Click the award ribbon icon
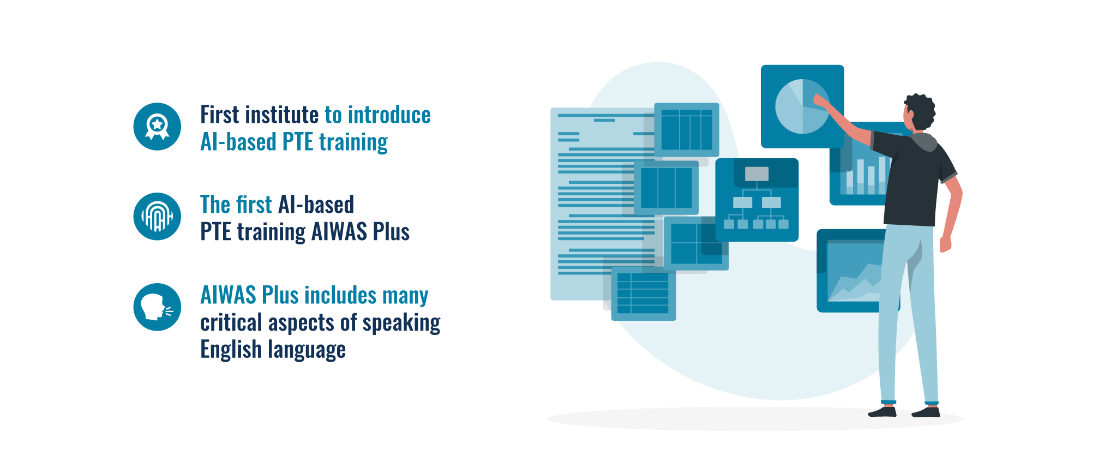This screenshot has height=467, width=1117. point(157,127)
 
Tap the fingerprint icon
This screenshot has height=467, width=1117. point(157,217)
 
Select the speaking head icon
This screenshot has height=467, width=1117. point(157,307)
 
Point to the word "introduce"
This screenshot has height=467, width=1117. point(389,115)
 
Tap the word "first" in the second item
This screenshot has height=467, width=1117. point(254,205)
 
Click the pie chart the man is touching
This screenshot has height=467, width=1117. point(802,106)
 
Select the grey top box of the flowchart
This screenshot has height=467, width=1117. point(756,174)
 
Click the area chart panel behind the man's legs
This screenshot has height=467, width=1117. point(851,271)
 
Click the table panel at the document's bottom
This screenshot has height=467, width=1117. point(644,294)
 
